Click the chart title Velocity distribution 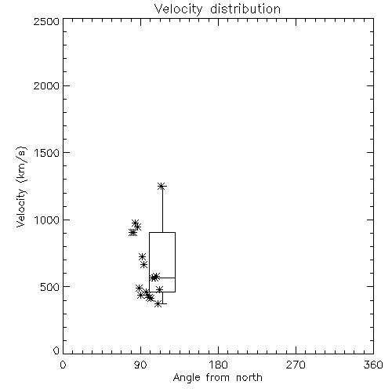(x=217, y=9)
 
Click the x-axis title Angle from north (x=217, y=377)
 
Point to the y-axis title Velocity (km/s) (x=21, y=187)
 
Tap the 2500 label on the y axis (x=46, y=21)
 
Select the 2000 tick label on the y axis (x=46, y=85)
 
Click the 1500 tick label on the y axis (x=47, y=153)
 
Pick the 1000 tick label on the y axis (x=47, y=220)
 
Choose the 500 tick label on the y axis (x=50, y=287)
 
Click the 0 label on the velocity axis (x=56, y=350)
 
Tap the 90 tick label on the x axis (x=140, y=365)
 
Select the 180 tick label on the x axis (x=218, y=365)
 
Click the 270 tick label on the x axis (x=296, y=365)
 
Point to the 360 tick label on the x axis (x=373, y=365)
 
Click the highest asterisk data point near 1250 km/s (x=162, y=186)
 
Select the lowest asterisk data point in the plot (x=158, y=303)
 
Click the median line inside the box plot (x=162, y=278)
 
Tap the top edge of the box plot (x=162, y=232)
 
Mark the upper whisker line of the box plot (x=162, y=209)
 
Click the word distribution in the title (x=245, y=9)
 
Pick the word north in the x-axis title (x=249, y=377)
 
